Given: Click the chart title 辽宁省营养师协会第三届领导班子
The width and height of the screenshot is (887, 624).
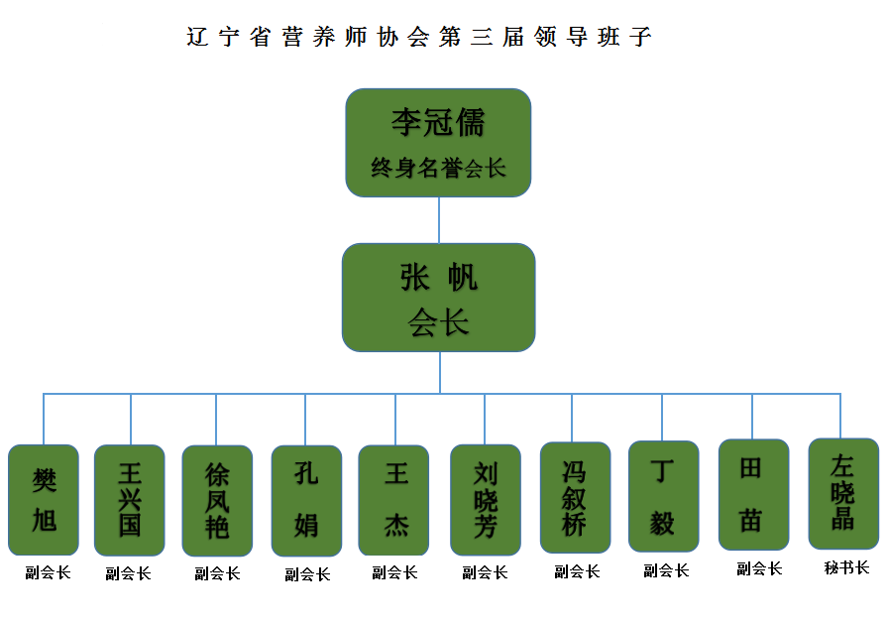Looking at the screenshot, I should tap(419, 38).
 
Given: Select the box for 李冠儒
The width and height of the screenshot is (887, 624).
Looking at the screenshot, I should tap(438, 142).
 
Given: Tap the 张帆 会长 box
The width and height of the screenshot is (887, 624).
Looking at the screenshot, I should tap(438, 297).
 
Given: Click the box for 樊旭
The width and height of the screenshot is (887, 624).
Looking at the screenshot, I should tap(44, 499).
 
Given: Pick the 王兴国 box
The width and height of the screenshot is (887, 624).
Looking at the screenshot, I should tap(130, 499).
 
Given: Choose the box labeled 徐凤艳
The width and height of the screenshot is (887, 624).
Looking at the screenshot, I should tap(217, 499).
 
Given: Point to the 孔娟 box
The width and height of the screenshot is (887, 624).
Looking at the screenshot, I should tap(306, 499).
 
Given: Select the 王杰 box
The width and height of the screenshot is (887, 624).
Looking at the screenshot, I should tap(394, 499).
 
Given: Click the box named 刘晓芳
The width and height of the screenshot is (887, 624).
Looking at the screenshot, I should tap(485, 499).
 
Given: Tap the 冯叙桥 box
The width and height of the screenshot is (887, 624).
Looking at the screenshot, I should tap(575, 496).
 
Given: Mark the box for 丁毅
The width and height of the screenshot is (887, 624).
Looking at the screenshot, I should tap(663, 495).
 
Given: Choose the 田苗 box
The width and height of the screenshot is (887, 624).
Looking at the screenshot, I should tap(753, 494).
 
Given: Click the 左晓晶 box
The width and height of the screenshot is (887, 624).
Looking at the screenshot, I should tap(843, 493).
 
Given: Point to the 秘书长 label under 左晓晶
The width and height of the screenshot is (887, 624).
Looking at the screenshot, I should tap(846, 568).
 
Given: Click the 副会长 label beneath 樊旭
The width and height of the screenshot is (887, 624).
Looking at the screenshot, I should tap(48, 573).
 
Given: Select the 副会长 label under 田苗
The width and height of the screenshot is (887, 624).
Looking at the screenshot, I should tap(759, 569).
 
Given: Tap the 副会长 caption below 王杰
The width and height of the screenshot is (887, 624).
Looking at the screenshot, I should tap(394, 573).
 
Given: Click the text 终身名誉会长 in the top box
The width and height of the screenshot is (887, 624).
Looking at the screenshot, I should tap(438, 168).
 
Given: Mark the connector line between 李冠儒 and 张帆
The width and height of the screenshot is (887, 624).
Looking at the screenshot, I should tap(439, 219).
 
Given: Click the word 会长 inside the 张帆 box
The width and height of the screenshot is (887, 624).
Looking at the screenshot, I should tap(438, 322).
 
